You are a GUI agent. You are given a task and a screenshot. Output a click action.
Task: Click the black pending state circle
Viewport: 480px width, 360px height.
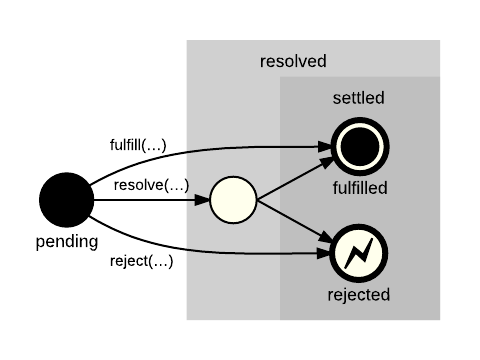pyautogui.click(x=67, y=199)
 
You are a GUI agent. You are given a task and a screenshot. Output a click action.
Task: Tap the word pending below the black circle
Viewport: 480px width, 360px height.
pyautogui.click(x=67, y=242)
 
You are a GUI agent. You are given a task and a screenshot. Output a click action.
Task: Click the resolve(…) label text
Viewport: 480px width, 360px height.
pyautogui.click(x=150, y=185)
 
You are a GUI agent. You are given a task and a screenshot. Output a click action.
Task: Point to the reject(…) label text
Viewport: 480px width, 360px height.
pyautogui.click(x=140, y=262)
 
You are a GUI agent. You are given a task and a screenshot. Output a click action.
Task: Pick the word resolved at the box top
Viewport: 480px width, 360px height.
pyautogui.click(x=293, y=61)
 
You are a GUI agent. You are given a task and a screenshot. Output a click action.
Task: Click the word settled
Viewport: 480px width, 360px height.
pyautogui.click(x=359, y=98)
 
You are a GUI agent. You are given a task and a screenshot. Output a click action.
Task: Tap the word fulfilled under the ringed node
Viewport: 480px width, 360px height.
pyautogui.click(x=359, y=187)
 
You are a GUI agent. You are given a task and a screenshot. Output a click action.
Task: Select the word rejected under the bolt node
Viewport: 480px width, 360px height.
pyautogui.click(x=359, y=295)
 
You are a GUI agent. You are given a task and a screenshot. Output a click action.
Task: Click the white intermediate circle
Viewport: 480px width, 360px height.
pyautogui.click(x=234, y=200)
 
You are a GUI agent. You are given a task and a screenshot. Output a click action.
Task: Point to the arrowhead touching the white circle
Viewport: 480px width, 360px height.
pyautogui.click(x=203, y=200)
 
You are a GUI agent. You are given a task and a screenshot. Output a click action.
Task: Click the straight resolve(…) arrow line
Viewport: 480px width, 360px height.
pyautogui.click(x=150, y=200)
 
